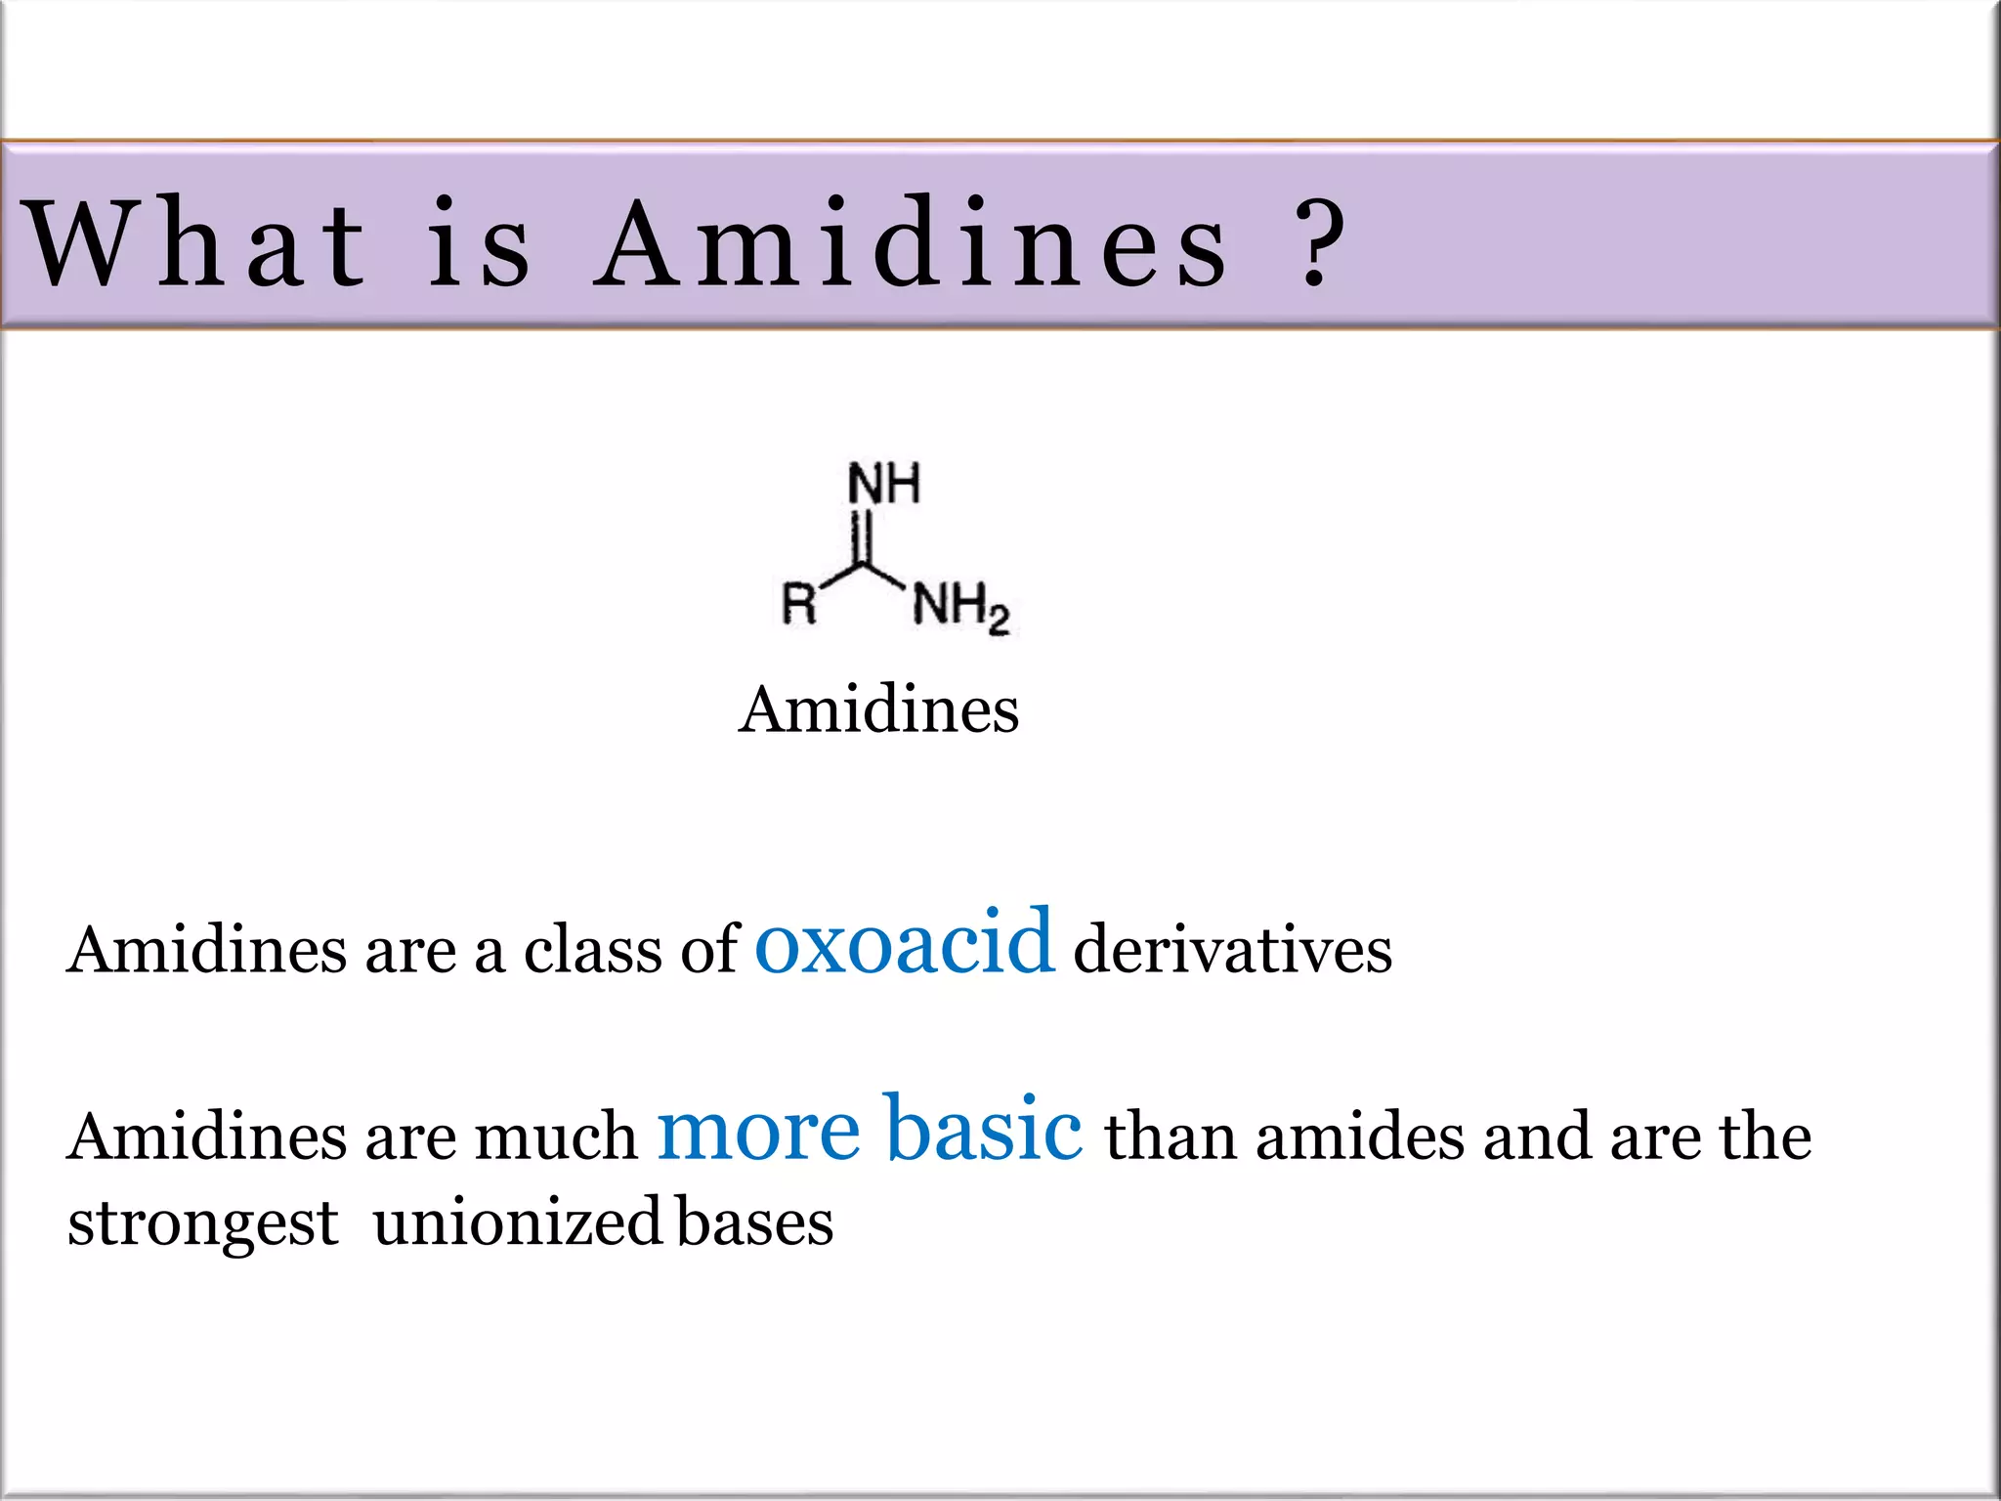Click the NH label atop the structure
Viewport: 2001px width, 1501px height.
(883, 484)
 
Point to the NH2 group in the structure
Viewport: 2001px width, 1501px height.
(959, 608)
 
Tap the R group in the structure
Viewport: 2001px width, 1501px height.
(799, 603)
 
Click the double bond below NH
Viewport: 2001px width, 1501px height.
(860, 537)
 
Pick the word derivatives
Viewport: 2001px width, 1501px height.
(1232, 949)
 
